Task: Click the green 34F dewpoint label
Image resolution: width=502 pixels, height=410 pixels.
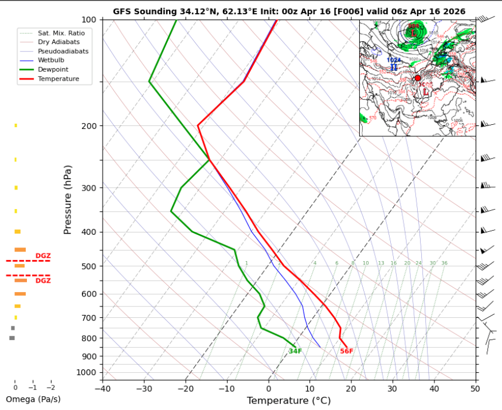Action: tap(295, 351)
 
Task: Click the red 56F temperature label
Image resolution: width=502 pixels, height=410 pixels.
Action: tap(347, 351)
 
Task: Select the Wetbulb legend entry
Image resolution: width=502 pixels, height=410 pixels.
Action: tap(50, 60)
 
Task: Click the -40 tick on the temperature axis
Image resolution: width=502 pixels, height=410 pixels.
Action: tap(103, 388)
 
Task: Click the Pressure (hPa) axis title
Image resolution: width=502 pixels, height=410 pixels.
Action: tap(68, 199)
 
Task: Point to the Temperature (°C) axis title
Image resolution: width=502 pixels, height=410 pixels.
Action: tap(289, 401)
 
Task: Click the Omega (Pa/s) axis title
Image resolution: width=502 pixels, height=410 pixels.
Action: tap(33, 399)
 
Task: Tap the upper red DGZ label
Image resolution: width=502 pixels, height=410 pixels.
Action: tap(43, 255)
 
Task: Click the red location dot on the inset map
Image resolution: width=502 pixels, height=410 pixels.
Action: tap(418, 77)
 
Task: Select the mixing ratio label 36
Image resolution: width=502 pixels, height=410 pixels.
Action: tap(444, 263)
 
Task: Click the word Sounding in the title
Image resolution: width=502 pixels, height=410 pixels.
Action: tap(154, 11)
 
